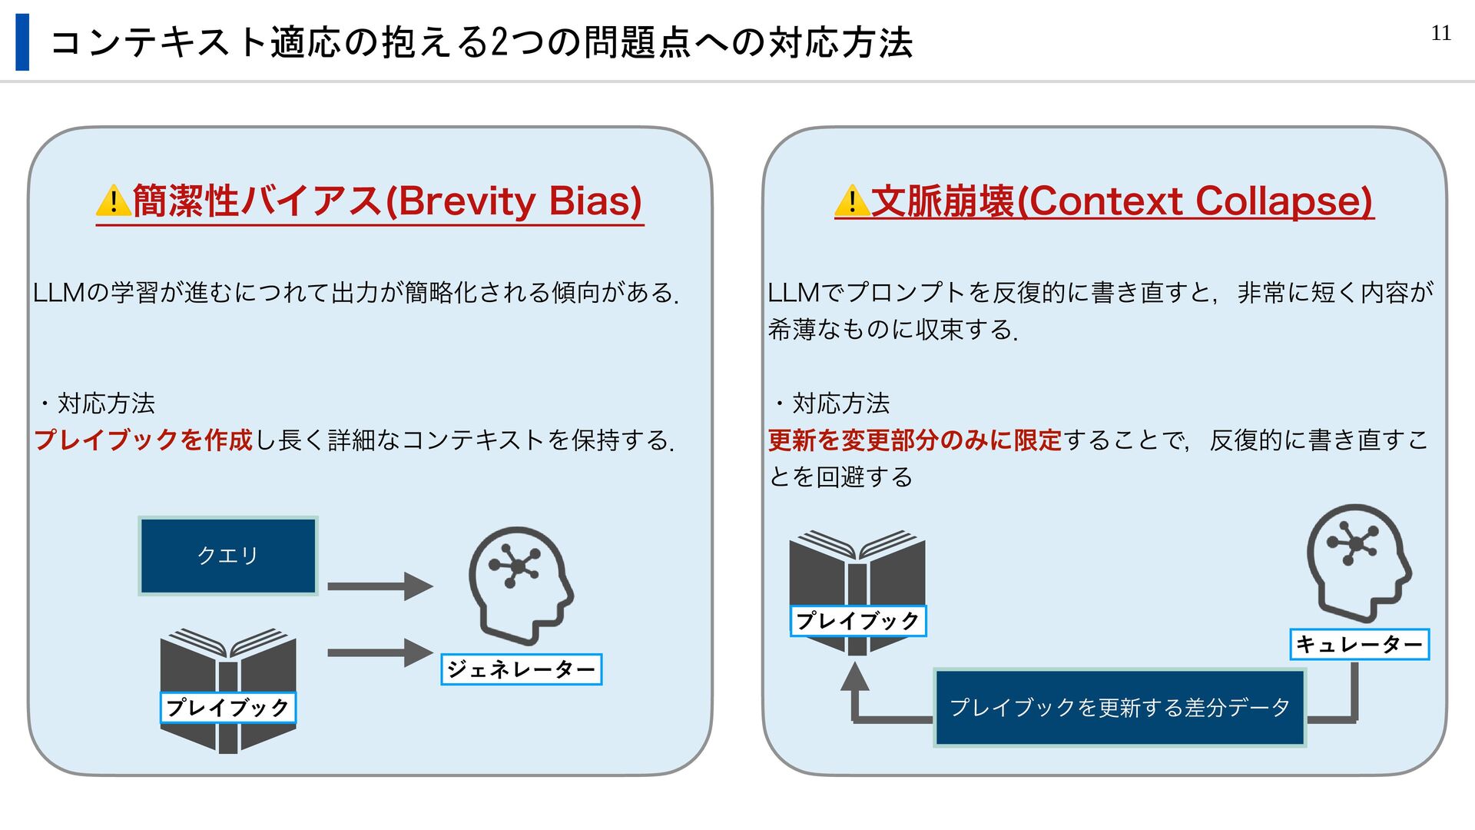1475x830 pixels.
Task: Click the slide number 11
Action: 1440,33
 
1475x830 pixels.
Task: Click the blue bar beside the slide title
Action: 22,42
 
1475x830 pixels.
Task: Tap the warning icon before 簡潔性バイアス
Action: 113,201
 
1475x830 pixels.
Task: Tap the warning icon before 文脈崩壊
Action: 851,201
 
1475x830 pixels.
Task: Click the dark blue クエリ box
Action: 228,556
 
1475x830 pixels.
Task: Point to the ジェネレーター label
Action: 521,669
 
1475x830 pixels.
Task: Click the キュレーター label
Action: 1359,644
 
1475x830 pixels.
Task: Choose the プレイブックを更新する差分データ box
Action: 1119,707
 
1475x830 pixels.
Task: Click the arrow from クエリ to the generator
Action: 380,586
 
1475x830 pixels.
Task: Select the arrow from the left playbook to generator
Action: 380,653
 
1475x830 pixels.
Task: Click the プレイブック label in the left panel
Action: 227,707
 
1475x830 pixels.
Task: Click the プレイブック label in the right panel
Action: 857,621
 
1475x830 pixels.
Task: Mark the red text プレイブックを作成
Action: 143,440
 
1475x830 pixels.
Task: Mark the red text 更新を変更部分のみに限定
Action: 914,440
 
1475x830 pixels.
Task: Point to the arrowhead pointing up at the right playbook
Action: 854,677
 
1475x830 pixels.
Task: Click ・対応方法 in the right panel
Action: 831,403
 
